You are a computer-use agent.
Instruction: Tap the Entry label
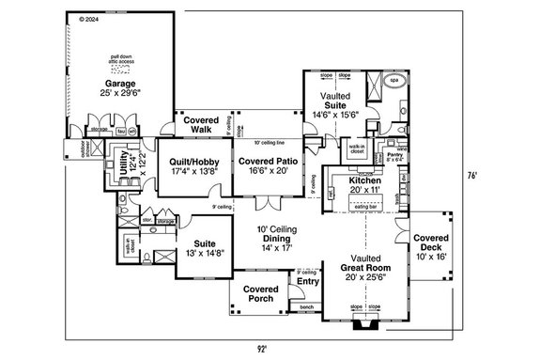click(x=307, y=280)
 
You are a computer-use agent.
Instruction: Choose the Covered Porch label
click(x=258, y=293)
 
